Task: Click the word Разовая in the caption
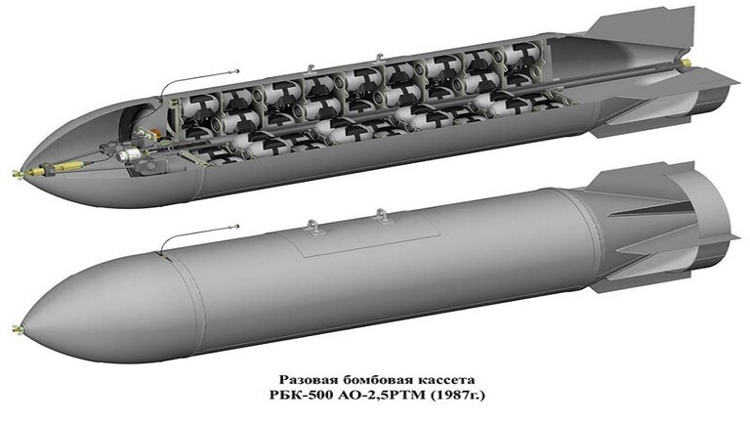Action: (x=306, y=380)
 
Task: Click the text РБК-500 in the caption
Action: (x=293, y=396)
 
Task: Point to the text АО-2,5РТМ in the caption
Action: (x=374, y=397)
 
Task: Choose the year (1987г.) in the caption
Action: (x=457, y=397)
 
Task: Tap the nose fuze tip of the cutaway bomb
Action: (x=18, y=173)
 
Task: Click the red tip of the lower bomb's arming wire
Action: (x=237, y=226)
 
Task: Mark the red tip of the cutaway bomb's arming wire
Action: (x=237, y=70)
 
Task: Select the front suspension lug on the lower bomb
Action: (x=313, y=227)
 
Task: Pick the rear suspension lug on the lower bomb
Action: (x=381, y=216)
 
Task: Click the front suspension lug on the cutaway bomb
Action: (x=311, y=69)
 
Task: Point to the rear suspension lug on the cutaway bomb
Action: (x=380, y=58)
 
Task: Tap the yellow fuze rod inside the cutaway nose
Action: (x=68, y=166)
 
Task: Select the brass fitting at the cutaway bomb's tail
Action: (x=686, y=62)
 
